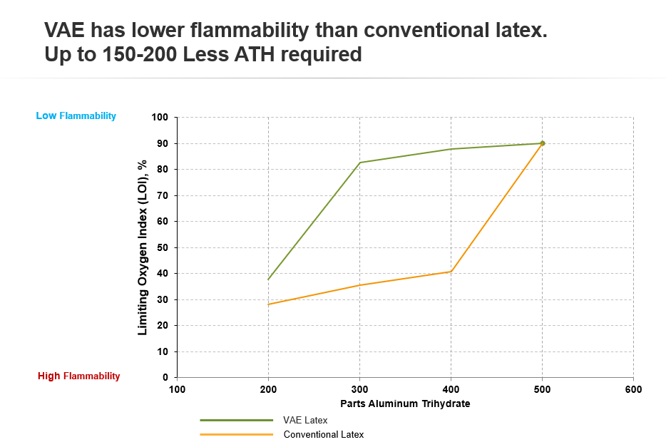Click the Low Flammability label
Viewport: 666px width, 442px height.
point(76,115)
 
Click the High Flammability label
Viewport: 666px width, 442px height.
point(78,376)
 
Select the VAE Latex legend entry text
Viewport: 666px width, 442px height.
point(305,421)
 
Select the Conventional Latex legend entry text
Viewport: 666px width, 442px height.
point(323,434)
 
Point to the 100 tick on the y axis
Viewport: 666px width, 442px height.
point(160,117)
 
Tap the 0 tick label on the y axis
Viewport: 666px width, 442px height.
point(165,377)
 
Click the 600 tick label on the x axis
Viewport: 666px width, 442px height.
point(633,389)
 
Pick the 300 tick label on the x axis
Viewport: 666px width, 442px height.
point(359,389)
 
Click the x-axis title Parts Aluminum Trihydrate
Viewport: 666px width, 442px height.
point(405,403)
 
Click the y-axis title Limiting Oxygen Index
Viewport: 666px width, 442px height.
point(143,247)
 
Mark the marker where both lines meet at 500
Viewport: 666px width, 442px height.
point(543,143)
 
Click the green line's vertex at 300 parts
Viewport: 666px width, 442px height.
point(359,163)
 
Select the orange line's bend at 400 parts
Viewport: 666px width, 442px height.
point(451,272)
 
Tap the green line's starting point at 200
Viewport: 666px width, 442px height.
point(268,279)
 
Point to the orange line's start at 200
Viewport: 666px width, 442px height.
point(268,304)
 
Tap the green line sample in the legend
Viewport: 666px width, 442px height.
point(236,421)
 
